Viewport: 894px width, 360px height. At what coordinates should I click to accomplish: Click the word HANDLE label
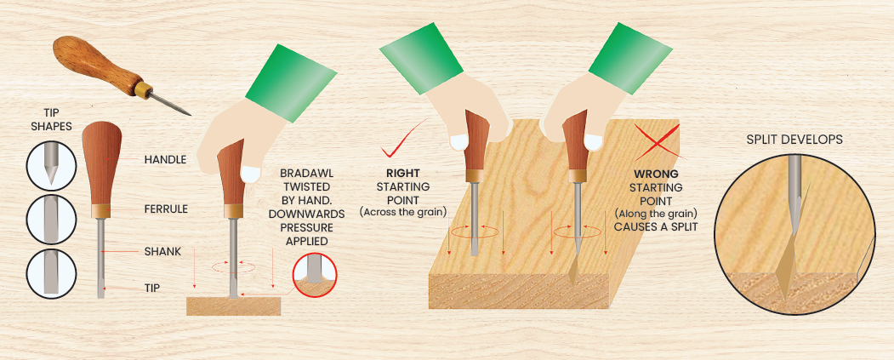165,160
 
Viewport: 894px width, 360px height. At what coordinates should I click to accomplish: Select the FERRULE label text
166,209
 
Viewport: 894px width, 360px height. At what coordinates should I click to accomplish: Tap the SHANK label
162,250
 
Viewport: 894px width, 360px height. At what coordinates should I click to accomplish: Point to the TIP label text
153,289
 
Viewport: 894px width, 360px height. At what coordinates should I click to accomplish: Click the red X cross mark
656,139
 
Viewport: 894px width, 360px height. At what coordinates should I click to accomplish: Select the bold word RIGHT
402,173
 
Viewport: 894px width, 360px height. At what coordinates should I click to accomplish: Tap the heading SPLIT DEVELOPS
794,140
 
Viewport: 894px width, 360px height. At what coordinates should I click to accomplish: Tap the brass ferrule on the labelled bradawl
100,210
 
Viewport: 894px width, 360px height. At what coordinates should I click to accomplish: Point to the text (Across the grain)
402,213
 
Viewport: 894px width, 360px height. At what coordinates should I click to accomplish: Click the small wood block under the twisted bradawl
234,306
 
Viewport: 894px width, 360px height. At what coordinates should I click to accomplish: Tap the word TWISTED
311,186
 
